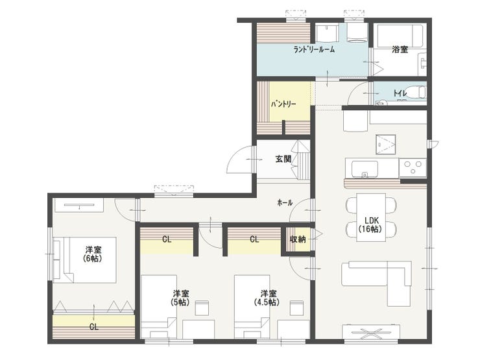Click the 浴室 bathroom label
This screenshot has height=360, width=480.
point(400,49)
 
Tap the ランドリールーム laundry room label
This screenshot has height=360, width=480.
point(314,49)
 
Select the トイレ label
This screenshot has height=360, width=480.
point(400,93)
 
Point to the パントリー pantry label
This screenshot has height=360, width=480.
point(283,104)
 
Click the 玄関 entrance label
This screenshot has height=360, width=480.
point(283,159)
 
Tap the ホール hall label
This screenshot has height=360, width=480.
point(285,202)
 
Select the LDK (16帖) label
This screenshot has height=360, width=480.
point(371,224)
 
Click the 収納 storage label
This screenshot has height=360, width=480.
point(298,239)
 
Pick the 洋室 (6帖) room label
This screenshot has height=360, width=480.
point(93,254)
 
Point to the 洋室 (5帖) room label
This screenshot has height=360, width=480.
point(180,298)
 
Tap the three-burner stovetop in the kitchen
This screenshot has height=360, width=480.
point(413,168)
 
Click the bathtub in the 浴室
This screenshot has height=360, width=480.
point(400,36)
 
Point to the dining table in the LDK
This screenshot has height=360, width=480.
point(371,217)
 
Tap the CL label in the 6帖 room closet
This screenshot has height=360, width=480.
point(94,327)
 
